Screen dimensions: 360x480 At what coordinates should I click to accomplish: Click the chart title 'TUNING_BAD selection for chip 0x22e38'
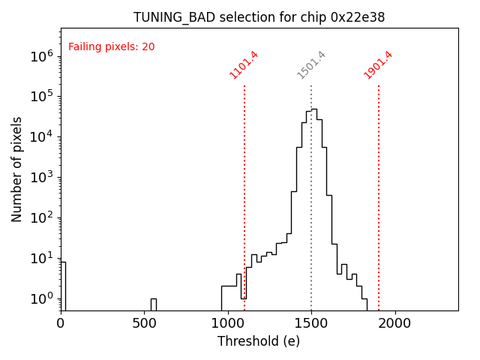coord(259,17)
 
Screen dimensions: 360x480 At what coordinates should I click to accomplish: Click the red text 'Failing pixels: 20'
coord(111,47)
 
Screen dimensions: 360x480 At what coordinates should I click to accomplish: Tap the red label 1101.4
coord(244,64)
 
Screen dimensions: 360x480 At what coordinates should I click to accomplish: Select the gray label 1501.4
coord(311,64)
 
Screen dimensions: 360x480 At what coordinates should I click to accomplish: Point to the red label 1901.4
coord(378,64)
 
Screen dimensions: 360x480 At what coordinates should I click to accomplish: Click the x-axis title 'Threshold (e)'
coord(259,341)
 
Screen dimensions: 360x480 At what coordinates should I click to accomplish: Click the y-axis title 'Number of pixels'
coord(17,169)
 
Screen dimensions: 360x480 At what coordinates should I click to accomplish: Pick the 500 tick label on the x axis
coord(144,323)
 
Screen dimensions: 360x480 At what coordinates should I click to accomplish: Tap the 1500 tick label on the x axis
coord(311,323)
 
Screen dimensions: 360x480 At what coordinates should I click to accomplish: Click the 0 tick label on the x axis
coord(61,323)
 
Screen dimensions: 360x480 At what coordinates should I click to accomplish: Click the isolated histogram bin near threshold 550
coord(153,304)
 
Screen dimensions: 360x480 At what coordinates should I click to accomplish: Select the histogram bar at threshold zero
coord(63,285)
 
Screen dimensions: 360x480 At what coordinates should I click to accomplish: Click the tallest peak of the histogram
coord(313,110)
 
